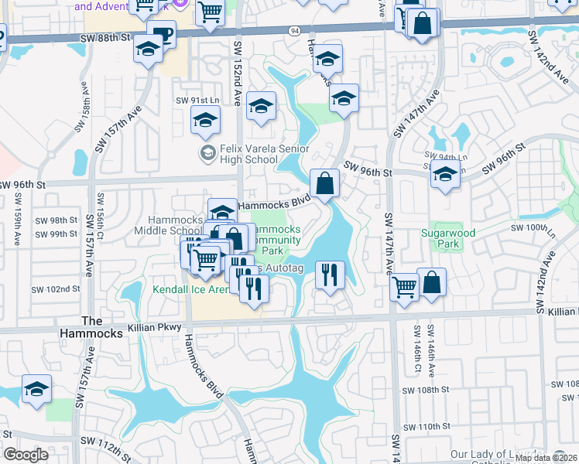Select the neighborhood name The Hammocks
pyautogui.click(x=102, y=327)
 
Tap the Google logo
pyautogui.click(x=26, y=455)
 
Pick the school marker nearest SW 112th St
pyautogui.click(x=36, y=391)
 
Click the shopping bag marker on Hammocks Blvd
pyautogui.click(x=325, y=185)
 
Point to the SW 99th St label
pyautogui.click(x=56, y=233)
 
